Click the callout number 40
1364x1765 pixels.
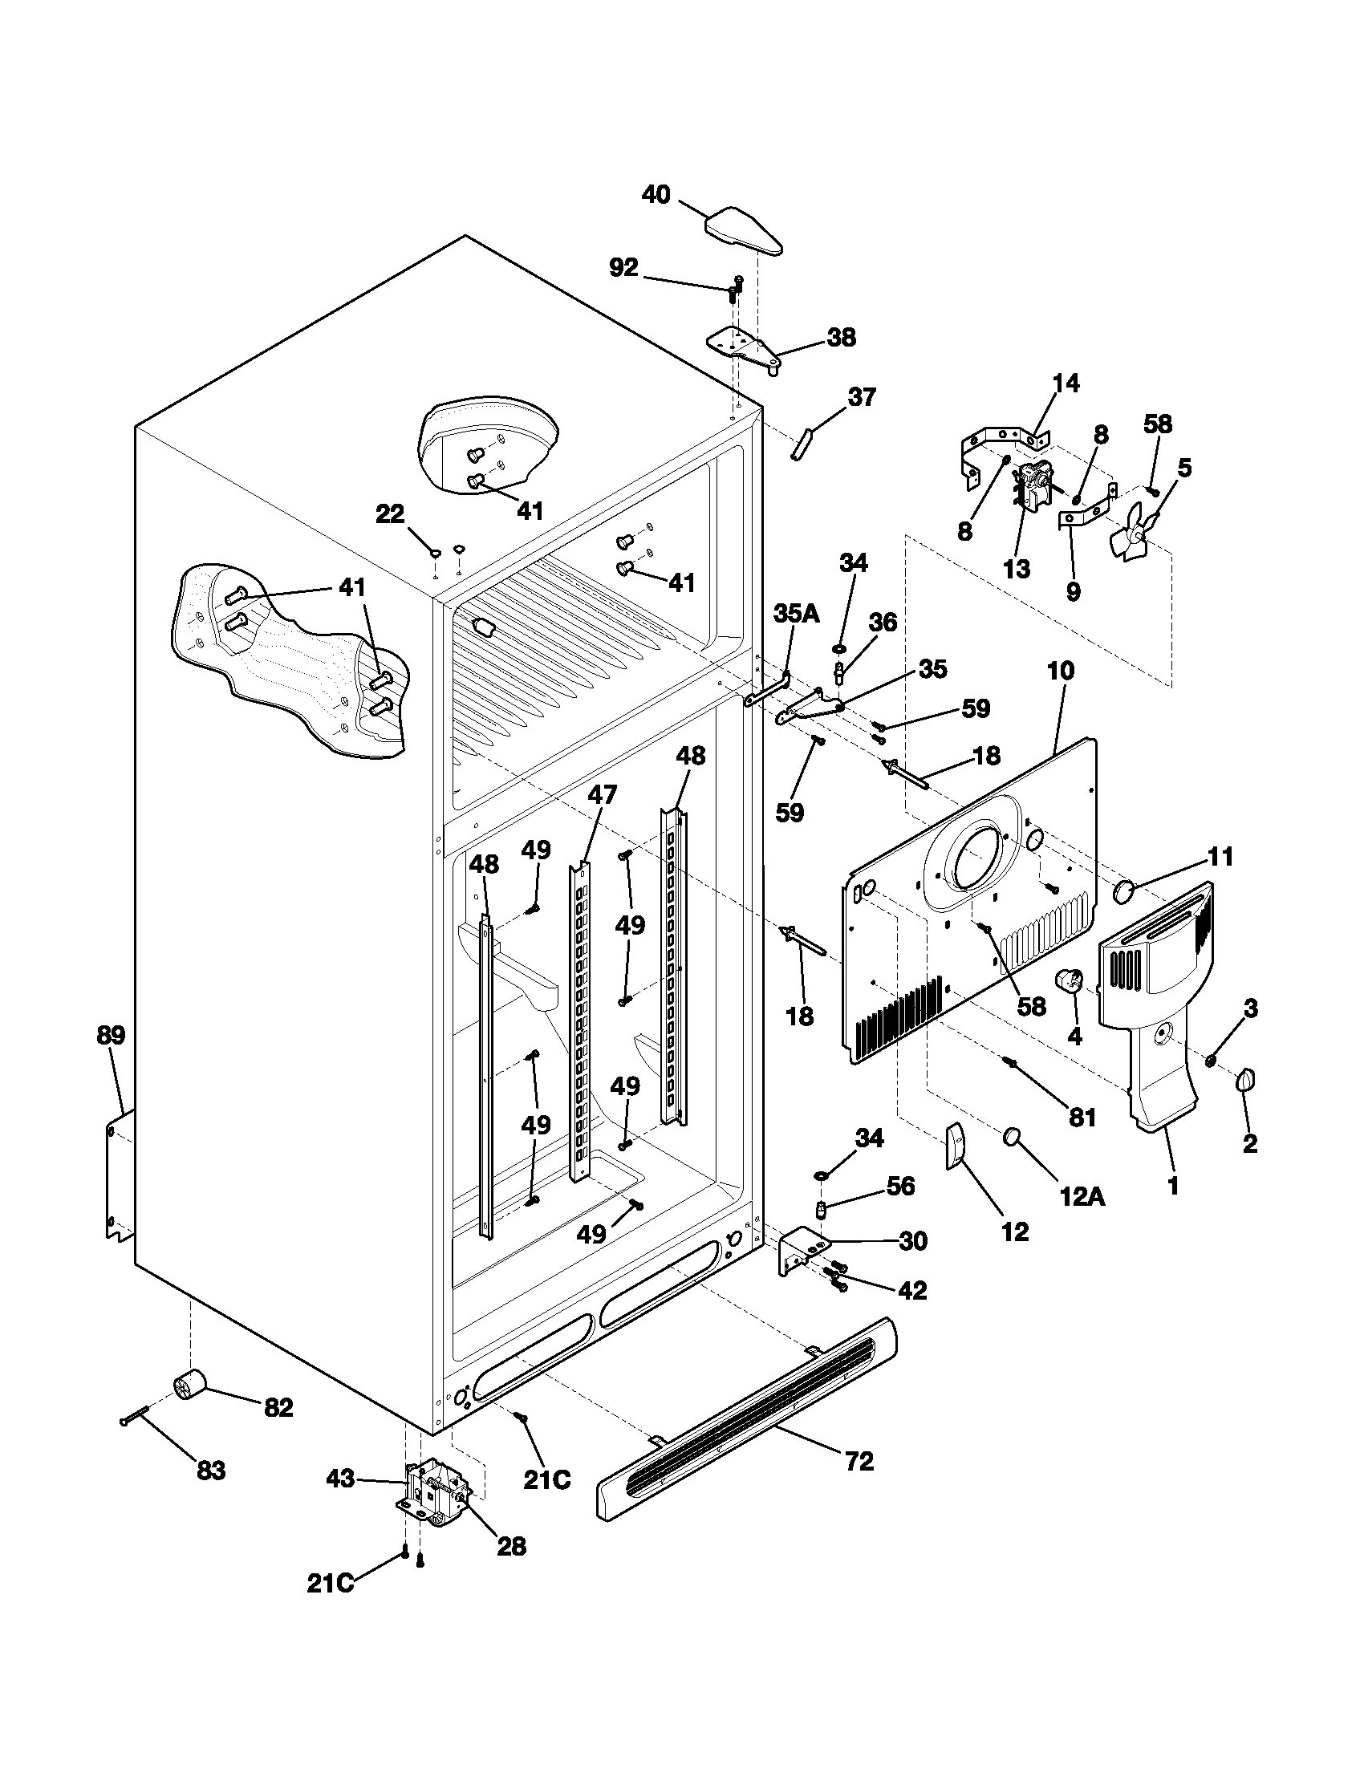(x=656, y=195)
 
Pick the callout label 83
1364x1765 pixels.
(x=211, y=1470)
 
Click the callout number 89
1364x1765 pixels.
(x=111, y=1035)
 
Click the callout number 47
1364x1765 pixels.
(x=602, y=794)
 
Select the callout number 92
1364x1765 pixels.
(x=623, y=267)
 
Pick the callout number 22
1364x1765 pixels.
(x=390, y=513)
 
